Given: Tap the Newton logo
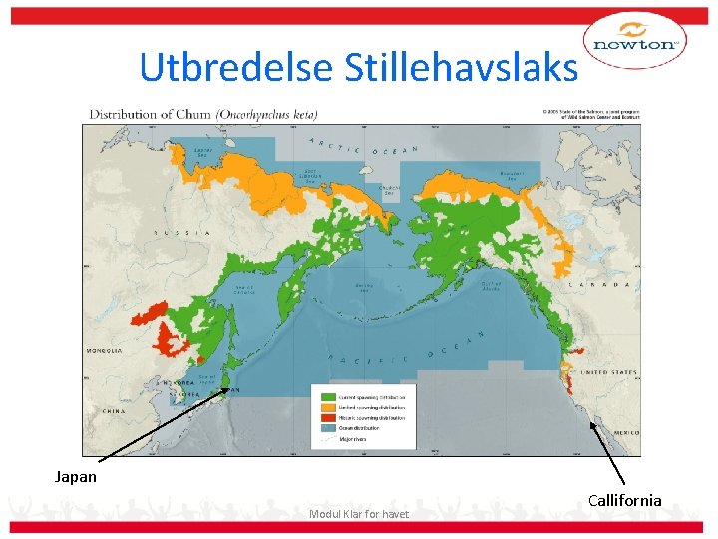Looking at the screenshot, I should tap(635, 42).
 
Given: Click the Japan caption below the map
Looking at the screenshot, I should tap(76, 476).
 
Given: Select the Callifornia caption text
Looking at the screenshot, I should tap(625, 499).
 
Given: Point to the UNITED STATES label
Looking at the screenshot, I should tap(608, 372).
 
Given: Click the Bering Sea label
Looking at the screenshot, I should tap(365, 288).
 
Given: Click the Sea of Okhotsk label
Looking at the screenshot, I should tap(245, 290).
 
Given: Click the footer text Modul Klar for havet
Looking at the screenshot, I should tap(358, 514).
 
